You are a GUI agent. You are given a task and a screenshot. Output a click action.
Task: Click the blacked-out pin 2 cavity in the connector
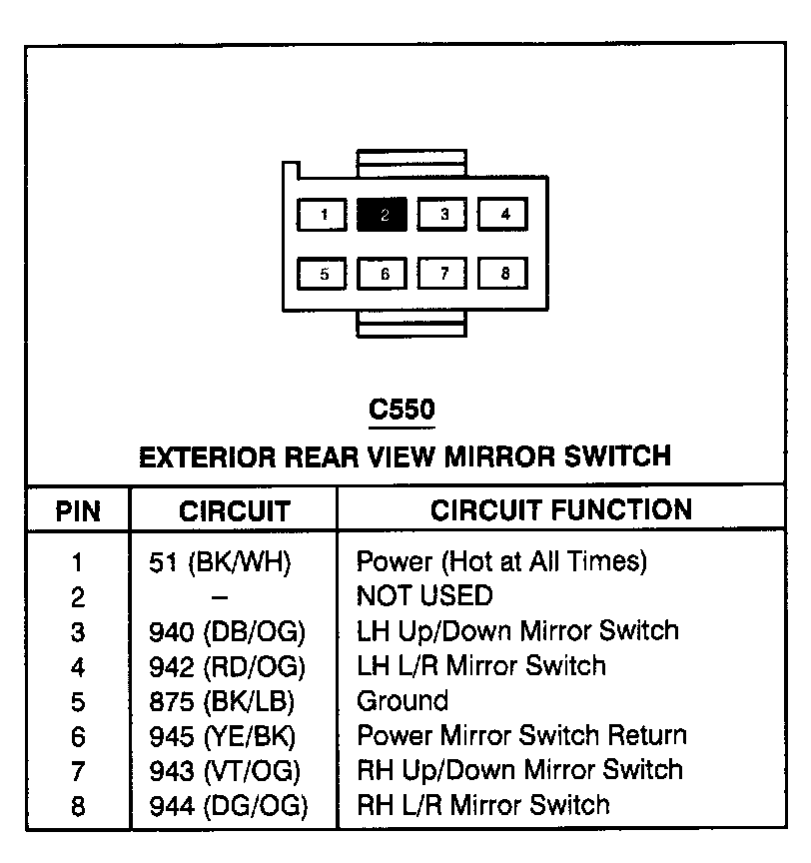point(382,215)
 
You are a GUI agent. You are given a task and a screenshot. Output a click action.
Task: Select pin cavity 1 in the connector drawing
point(322,215)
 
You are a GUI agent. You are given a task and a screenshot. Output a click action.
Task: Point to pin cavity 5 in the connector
point(322,274)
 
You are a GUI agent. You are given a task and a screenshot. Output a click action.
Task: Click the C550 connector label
point(402,410)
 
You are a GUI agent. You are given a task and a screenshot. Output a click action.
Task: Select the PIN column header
point(78,512)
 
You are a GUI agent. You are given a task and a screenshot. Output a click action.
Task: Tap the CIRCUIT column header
point(234,512)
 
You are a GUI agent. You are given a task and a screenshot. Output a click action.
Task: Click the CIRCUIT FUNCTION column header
point(561,510)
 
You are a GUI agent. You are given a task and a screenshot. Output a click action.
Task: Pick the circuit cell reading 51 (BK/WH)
point(220,562)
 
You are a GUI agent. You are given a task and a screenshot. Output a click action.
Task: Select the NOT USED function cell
point(424,597)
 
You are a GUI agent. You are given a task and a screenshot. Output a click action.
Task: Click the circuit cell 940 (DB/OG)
point(227,631)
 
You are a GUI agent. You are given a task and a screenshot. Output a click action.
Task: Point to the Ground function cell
point(403,701)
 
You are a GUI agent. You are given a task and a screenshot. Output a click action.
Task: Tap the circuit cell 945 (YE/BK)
point(223,737)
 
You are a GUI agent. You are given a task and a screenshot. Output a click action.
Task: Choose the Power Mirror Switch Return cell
point(521,736)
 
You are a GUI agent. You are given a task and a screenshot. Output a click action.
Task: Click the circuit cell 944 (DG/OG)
point(228,805)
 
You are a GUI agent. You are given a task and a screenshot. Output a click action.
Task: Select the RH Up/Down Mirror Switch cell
point(519,770)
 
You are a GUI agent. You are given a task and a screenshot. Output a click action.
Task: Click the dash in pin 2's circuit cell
point(221,597)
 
